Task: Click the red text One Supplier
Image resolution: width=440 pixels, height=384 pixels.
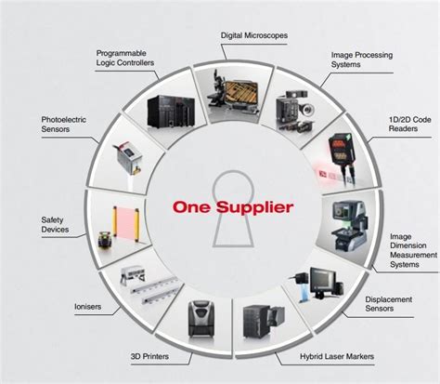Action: pyautogui.click(x=233, y=207)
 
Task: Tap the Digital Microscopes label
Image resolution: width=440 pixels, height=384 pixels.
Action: pyautogui.click(x=254, y=35)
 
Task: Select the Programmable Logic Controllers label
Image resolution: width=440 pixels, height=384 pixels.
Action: pyautogui.click(x=125, y=58)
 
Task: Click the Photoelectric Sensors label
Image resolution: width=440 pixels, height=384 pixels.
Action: pyautogui.click(x=64, y=125)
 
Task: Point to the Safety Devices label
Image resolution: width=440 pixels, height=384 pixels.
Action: pyautogui.click(x=55, y=225)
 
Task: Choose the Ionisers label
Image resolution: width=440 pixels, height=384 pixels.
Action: pyautogui.click(x=88, y=307)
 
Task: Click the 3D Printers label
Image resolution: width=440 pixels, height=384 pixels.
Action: pyautogui.click(x=149, y=356)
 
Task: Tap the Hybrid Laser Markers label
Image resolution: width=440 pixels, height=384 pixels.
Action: pyautogui.click(x=337, y=356)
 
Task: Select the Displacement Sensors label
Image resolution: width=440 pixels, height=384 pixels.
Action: pyautogui.click(x=389, y=304)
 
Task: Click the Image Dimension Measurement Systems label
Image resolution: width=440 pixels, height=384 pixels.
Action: pyautogui.click(x=413, y=250)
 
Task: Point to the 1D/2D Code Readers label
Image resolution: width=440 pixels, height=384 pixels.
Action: pyautogui.click(x=410, y=124)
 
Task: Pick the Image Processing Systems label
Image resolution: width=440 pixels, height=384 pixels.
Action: pyautogui.click(x=362, y=60)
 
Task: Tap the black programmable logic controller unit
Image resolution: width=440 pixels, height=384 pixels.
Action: pyautogui.click(x=171, y=112)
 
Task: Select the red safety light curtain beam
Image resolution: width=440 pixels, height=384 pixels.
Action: pyautogui.click(x=126, y=221)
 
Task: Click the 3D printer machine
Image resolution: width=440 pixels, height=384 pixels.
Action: pyautogui.click(x=201, y=318)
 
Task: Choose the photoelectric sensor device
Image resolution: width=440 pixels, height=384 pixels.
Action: pyautogui.click(x=129, y=157)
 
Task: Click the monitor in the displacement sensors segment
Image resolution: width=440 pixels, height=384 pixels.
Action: pyautogui.click(x=323, y=281)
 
